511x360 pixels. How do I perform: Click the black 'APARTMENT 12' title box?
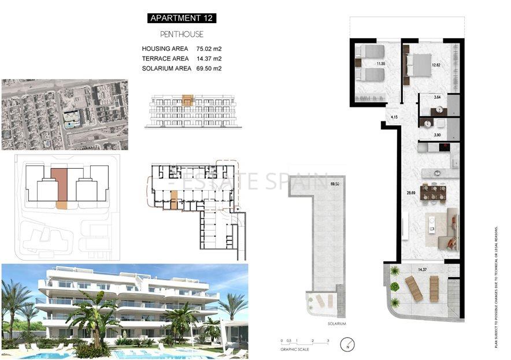click(x=182, y=18)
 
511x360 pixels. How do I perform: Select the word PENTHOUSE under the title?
click(x=182, y=35)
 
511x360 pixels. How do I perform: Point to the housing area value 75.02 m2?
click(x=209, y=49)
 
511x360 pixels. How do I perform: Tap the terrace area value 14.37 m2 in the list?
click(x=209, y=59)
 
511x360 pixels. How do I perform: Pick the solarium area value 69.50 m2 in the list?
click(x=209, y=69)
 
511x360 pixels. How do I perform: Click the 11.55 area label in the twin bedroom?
click(x=380, y=64)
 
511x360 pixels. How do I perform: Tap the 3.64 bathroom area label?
click(x=437, y=97)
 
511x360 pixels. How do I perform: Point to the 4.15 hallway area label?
click(x=394, y=117)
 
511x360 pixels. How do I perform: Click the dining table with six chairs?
click(x=433, y=192)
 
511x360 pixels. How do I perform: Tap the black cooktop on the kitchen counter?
click(x=443, y=148)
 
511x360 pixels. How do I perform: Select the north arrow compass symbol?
click(x=345, y=347)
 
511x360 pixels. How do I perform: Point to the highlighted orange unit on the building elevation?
click(x=187, y=100)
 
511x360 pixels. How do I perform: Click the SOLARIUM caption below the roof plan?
click(x=336, y=324)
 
